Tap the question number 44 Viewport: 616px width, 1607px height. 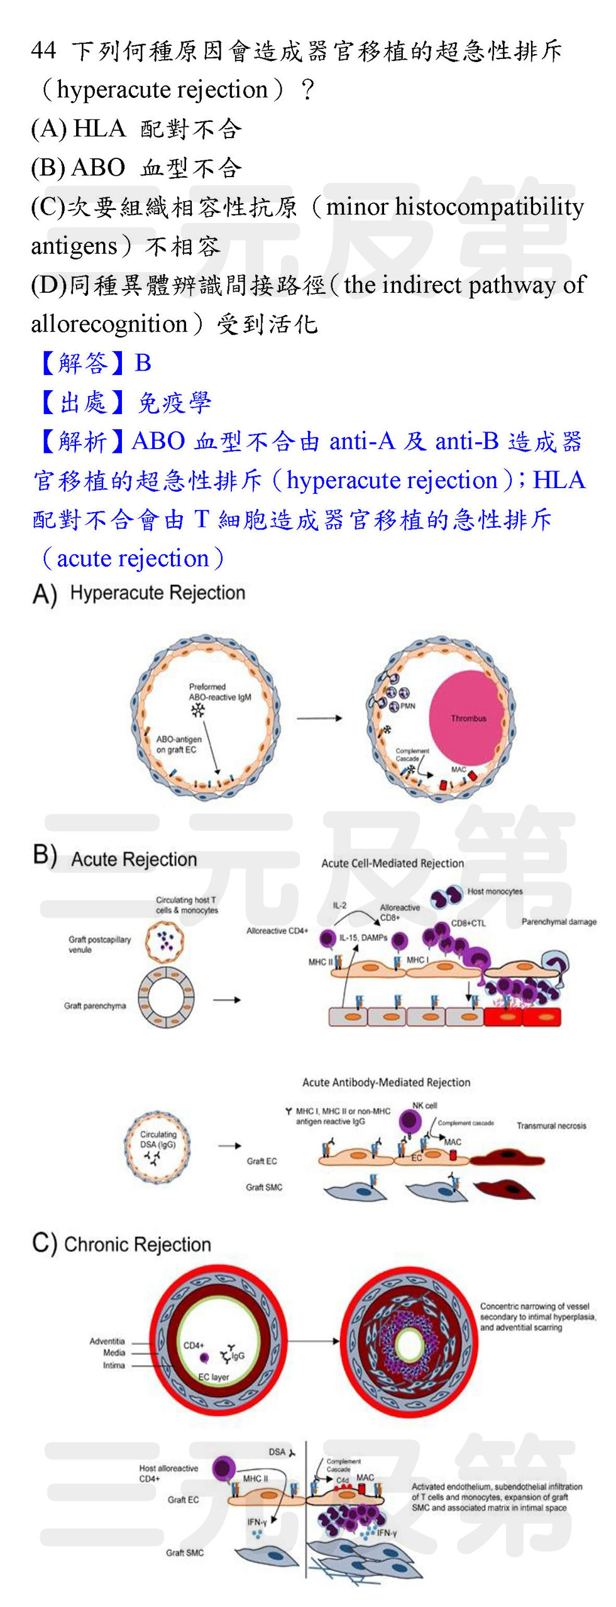pos(43,51)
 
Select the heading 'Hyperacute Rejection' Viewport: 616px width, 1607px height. pos(157,592)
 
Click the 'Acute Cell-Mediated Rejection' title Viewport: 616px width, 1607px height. pos(392,863)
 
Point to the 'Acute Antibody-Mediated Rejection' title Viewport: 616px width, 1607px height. pos(386,1082)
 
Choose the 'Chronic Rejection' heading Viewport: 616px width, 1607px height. pos(137,1244)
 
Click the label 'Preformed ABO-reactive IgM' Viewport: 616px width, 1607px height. pos(219,692)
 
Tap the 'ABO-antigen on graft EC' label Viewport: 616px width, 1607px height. pos(179,744)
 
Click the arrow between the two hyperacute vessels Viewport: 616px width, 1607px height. pos(319,717)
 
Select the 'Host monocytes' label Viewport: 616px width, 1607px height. pos(494,891)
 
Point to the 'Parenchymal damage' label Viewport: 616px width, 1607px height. pos(558,922)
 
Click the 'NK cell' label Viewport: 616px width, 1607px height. pos(424,1105)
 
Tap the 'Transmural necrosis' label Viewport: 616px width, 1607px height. pos(551,1125)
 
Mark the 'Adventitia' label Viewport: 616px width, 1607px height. pos(107,1341)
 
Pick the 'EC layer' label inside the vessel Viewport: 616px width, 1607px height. pos(213,1376)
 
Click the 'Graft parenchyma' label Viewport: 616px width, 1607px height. pos(94,1006)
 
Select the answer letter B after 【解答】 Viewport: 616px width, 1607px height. pos(143,363)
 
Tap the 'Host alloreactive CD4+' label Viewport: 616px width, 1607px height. pos(168,1473)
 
